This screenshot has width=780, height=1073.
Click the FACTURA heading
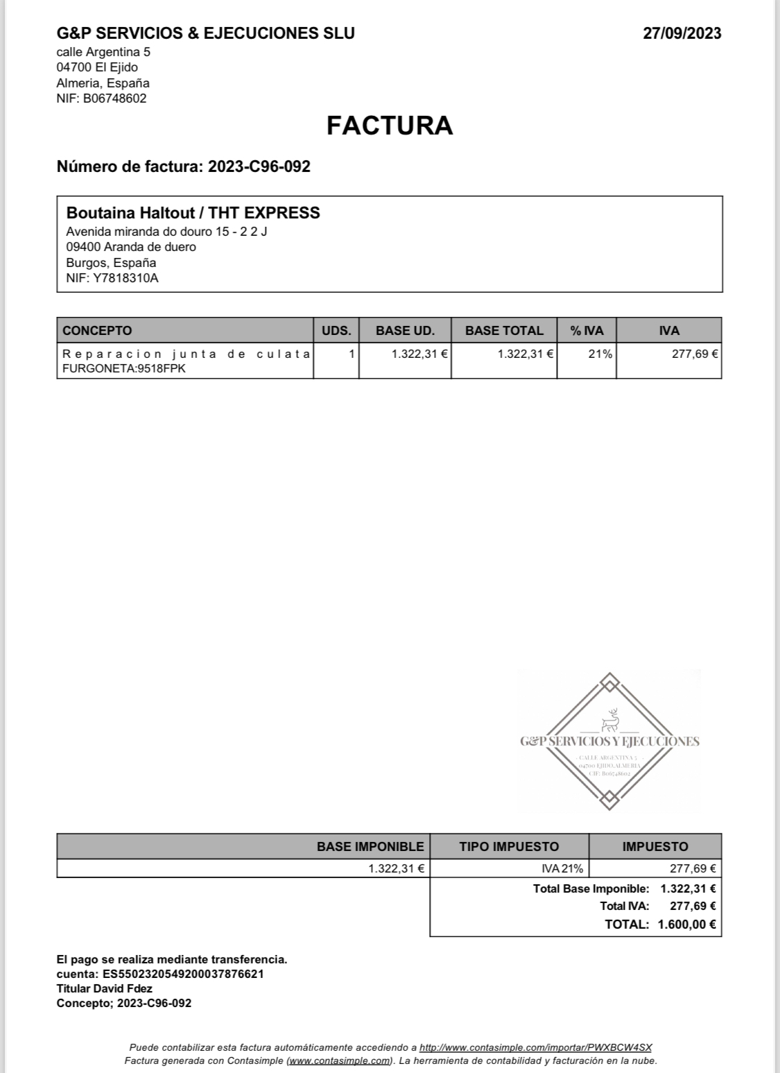(390, 126)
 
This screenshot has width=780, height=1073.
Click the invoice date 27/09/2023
(682, 33)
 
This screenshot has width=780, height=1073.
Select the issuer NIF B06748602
(114, 98)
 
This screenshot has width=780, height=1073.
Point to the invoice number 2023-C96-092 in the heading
(259, 166)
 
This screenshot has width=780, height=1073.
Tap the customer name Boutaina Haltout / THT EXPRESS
(193, 213)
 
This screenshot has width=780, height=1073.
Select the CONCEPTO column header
(97, 330)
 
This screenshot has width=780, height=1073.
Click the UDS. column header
(336, 330)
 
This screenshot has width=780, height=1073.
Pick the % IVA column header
(587, 330)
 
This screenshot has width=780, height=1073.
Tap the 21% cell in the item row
(600, 354)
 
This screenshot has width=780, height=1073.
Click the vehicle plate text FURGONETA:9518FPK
(124, 368)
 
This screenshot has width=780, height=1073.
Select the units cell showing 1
(352, 354)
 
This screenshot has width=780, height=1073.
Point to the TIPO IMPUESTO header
(509, 846)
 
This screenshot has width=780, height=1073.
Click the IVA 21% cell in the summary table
(562, 868)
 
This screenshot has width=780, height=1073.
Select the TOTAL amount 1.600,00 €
(686, 924)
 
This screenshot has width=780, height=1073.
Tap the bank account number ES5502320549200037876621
(183, 974)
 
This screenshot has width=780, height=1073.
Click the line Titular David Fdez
(105, 988)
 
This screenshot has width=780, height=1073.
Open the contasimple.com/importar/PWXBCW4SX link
(535, 1047)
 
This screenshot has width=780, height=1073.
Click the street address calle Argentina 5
(103, 52)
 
